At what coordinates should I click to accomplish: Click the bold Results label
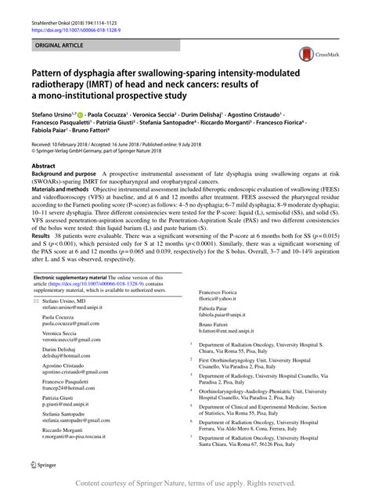point(40,279)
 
